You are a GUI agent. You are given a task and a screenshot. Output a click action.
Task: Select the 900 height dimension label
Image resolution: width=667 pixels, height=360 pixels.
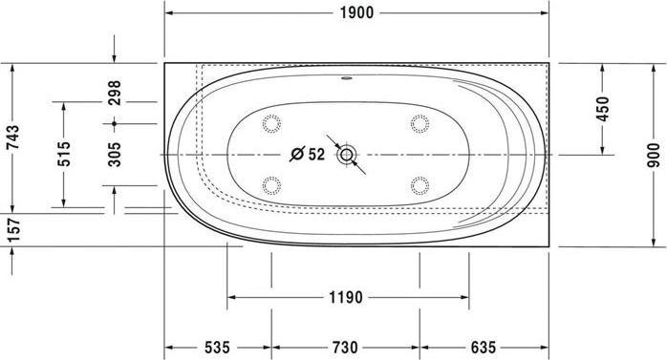[653, 153]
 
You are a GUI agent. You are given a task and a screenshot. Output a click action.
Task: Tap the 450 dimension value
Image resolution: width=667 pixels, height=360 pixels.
[602, 108]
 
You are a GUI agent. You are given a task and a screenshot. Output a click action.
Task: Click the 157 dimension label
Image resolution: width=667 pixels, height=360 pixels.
[12, 230]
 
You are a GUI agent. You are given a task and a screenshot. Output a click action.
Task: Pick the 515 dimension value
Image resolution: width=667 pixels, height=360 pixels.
[64, 153]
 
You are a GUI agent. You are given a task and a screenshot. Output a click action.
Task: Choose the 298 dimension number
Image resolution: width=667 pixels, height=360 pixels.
[115, 93]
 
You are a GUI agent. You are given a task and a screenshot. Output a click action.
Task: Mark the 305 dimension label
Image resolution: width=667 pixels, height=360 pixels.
[115, 153]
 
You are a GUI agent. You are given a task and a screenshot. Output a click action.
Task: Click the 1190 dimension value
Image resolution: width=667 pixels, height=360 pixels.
[346, 297]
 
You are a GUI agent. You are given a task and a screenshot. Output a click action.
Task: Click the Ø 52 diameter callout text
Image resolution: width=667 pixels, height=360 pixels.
[308, 153]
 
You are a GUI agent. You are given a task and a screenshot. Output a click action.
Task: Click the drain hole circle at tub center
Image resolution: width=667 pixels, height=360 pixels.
[346, 153]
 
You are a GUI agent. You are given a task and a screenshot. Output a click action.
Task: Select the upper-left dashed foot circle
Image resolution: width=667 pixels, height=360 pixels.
[270, 122]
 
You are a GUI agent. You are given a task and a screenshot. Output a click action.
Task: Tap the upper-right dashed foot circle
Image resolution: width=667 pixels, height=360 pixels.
[420, 122]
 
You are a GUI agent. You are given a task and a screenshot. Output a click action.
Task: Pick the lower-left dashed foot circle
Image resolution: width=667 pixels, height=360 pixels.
[270, 183]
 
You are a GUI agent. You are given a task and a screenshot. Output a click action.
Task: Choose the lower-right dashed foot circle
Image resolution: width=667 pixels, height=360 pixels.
[420, 183]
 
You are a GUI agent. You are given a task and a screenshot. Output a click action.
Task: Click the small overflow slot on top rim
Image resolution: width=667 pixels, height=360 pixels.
[346, 79]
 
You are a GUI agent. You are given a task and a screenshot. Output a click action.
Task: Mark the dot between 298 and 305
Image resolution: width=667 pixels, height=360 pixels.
[115, 123]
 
